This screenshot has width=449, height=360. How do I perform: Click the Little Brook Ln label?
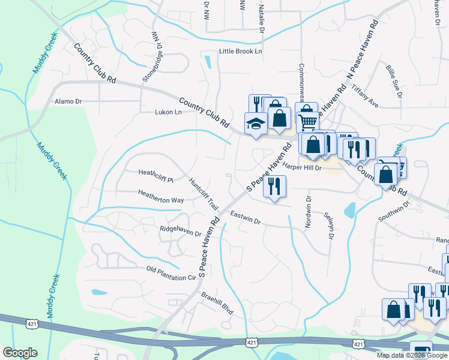click(241, 52)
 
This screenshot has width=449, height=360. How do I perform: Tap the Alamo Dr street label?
click(68, 101)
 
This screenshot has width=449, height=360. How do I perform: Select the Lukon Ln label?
click(168, 112)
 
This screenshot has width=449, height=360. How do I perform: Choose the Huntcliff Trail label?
click(203, 193)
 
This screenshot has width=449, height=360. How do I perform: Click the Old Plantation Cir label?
click(172, 273)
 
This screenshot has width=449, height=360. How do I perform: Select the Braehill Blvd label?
click(217, 300)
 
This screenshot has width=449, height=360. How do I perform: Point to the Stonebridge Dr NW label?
click(152, 56)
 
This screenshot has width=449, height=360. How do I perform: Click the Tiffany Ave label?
click(366, 96)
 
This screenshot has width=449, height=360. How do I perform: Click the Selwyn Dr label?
click(328, 224)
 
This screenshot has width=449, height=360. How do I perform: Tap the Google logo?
click(20, 353)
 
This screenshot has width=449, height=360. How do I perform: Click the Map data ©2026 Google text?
click(412, 355)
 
